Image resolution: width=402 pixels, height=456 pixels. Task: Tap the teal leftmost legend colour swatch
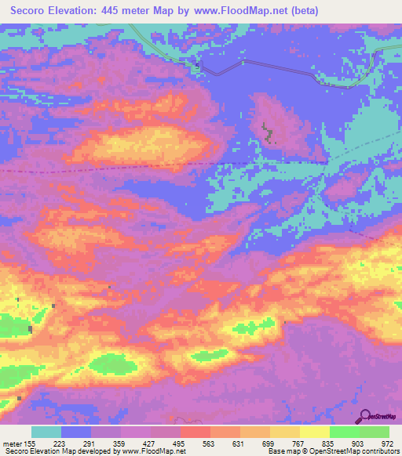[46, 432]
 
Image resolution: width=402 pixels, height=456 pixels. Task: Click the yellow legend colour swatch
[315, 432]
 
